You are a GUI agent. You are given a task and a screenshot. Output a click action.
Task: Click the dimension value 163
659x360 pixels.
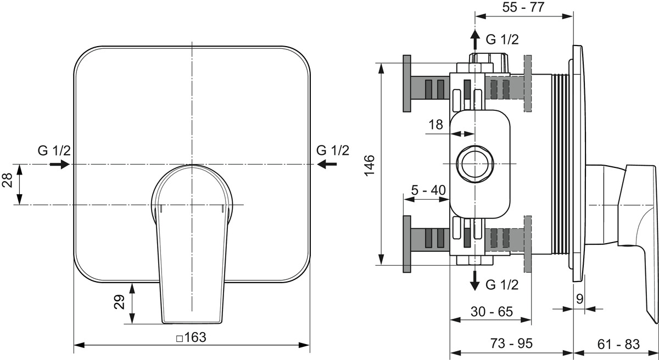point(196,337)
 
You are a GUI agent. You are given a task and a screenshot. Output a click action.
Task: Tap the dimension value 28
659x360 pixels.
point(7,180)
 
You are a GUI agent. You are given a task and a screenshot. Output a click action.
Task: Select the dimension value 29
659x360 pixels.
point(119,302)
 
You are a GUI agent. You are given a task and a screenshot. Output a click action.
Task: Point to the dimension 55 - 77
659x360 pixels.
point(523,7)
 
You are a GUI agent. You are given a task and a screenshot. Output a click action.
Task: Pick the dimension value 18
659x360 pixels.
point(435,125)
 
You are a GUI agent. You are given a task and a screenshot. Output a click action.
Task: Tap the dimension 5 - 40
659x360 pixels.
point(428,190)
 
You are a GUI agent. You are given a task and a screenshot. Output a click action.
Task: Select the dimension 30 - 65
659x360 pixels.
point(492,312)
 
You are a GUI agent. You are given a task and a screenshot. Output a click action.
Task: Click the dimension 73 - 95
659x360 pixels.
point(511,343)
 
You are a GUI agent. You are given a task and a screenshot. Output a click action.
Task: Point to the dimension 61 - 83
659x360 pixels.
point(618,344)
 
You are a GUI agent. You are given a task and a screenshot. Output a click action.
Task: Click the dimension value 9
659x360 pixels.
point(579,300)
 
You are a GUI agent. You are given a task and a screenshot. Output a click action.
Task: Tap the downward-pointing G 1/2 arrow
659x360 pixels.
point(474,280)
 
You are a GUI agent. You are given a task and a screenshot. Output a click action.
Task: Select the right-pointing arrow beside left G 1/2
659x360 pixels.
point(60,164)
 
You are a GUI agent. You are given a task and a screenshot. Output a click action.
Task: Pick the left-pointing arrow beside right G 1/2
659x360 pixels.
point(327,164)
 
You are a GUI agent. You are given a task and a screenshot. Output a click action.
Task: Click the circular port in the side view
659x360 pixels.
point(474,164)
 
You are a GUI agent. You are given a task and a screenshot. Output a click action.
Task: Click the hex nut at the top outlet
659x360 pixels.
point(489,62)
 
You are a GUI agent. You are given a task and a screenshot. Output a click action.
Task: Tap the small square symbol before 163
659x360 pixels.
point(180,339)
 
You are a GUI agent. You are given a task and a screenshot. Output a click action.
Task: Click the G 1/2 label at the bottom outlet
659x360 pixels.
point(502,284)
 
